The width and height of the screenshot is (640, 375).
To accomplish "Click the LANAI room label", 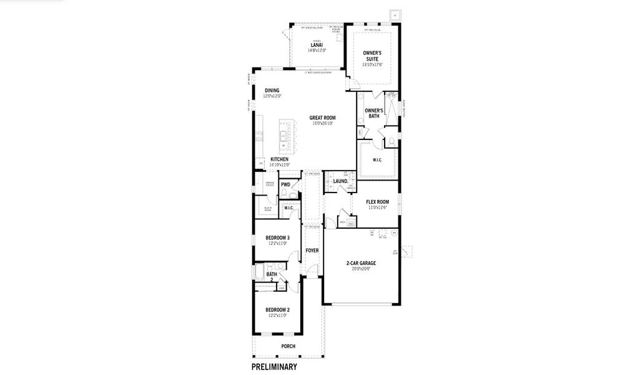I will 317,45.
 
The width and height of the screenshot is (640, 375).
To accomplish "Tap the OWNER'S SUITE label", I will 372,56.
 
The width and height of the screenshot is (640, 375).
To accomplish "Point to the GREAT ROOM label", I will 322,117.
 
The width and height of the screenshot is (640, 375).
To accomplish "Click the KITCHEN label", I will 279,159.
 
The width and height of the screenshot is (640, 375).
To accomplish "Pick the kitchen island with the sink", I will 286,136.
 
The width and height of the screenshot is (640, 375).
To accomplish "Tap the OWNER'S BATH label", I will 374,113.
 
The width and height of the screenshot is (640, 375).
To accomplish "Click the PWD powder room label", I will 285,185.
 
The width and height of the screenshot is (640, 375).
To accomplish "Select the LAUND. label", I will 340,181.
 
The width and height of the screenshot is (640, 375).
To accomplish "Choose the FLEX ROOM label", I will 378,202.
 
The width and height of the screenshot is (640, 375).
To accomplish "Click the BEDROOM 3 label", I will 277,238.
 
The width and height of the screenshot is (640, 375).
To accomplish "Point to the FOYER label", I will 312,251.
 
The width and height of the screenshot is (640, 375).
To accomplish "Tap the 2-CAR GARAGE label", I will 362,263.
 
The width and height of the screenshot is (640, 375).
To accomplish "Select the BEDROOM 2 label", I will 277,310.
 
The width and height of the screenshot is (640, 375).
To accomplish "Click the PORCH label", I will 288,346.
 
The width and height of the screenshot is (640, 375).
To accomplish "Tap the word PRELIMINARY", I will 274,367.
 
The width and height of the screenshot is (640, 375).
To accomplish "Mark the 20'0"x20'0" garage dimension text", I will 362,269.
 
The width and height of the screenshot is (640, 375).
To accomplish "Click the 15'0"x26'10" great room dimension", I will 322,123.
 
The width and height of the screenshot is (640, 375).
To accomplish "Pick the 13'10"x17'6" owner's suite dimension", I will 372,64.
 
